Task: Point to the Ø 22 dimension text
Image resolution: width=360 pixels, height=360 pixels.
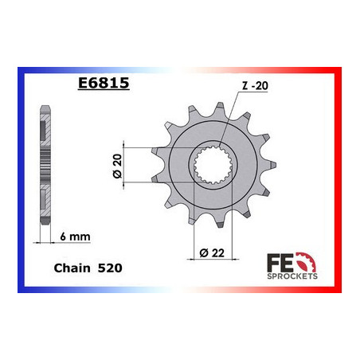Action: [x=208, y=253]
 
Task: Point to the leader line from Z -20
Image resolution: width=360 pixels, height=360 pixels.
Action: [x=231, y=119]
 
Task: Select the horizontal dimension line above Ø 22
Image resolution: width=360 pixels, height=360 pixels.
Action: [x=209, y=241]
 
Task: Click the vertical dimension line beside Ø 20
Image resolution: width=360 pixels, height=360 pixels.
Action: [x=127, y=165]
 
